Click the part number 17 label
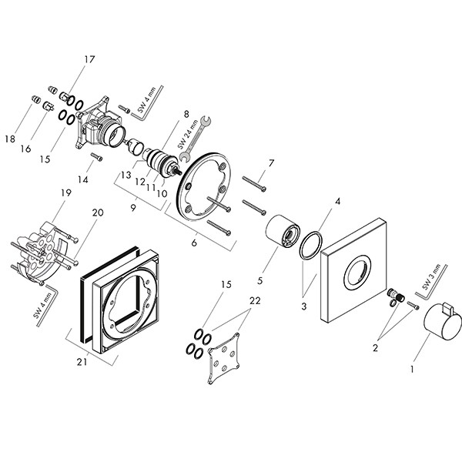coord(89,59)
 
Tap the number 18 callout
coord(10,139)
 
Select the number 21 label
coord(82,362)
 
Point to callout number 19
coord(66,192)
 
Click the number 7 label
coord(271,163)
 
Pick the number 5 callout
coord(259,280)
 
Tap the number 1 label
coord(412,369)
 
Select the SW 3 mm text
coord(432,277)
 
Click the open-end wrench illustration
coord(195,139)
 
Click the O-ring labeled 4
coord(310,245)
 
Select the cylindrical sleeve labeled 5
coord(283,230)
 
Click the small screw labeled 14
coord(97,157)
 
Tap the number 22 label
coord(255,301)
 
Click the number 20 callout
coord(98,213)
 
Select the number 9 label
coord(133,208)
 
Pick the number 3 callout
coord(304,306)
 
